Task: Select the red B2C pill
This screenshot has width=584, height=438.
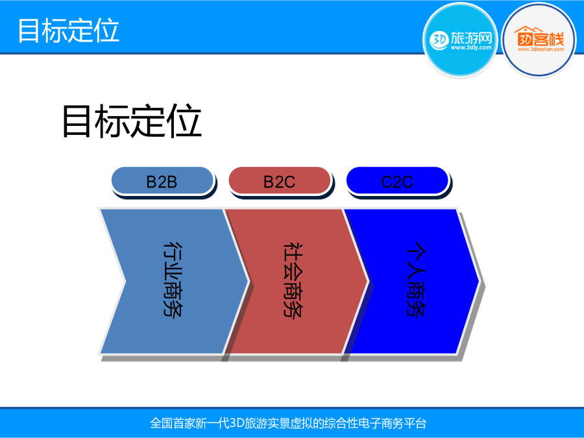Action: click(280, 181)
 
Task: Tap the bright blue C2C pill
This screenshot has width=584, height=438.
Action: click(397, 181)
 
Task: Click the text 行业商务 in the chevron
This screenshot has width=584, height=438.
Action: click(173, 279)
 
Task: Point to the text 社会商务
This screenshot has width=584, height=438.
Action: click(293, 279)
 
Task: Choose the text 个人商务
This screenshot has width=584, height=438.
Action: click(415, 279)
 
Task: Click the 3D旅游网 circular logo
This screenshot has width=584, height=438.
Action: click(460, 40)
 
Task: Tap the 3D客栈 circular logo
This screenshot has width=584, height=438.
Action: click(539, 40)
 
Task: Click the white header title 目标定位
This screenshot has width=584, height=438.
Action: click(69, 30)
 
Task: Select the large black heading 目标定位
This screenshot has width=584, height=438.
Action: click(132, 121)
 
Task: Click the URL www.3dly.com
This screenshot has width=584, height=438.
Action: click(471, 47)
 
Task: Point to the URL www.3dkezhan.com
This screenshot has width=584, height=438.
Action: click(541, 49)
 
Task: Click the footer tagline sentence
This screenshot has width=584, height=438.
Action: click(288, 423)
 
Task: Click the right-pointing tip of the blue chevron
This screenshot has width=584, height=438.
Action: click(479, 281)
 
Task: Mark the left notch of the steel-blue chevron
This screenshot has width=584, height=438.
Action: click(125, 281)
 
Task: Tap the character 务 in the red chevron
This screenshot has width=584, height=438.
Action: click(293, 308)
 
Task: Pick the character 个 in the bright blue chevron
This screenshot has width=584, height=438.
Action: click(415, 250)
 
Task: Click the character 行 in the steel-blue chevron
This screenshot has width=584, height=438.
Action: click(173, 250)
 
